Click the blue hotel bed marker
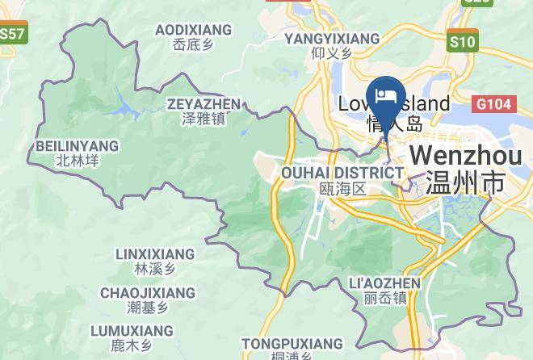click(x=386, y=96)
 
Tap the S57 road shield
click(x=12, y=35)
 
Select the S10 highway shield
click(x=463, y=40)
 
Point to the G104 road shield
click(x=492, y=103)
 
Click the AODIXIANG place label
click(x=193, y=30)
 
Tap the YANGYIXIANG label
click(x=332, y=38)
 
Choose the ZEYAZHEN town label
click(x=204, y=104)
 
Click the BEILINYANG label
click(x=78, y=146)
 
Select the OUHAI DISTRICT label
click(x=342, y=173)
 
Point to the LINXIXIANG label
click(x=155, y=254)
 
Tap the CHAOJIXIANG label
click(x=148, y=292)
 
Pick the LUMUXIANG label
click(x=132, y=331)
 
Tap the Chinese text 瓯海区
click(x=343, y=189)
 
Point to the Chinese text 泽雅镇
click(x=204, y=119)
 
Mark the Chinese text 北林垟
click(x=78, y=161)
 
